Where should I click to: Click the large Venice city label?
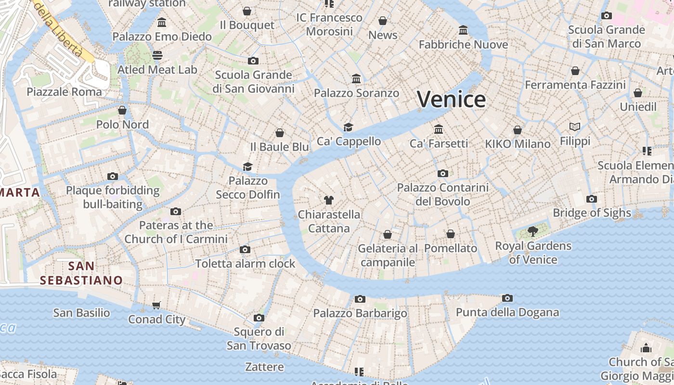pos(451,99)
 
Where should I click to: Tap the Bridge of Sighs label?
pos(592,213)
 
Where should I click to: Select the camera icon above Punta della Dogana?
pos(507,298)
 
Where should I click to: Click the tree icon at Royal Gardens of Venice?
pos(532,231)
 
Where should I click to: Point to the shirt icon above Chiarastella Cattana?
pos(329,200)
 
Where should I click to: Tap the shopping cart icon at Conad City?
pos(156,305)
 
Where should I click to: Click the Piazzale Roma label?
pos(65,92)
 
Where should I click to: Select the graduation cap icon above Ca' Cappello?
pos(348,127)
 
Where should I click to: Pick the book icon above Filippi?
pos(575,127)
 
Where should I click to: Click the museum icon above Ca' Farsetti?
pos(439,129)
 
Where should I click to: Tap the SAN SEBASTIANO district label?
pos(81,273)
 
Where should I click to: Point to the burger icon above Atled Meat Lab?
pos(157,55)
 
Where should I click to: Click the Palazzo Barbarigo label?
pos(360,314)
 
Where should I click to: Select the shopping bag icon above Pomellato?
pos(451,234)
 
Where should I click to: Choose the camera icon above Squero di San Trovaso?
pos(259,318)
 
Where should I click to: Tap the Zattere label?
pos(264,367)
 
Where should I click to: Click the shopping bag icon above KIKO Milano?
pos(518,130)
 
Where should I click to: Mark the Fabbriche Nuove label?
pos(463,44)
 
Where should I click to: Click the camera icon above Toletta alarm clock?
pos(245,249)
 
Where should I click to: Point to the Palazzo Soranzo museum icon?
pos(356,78)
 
